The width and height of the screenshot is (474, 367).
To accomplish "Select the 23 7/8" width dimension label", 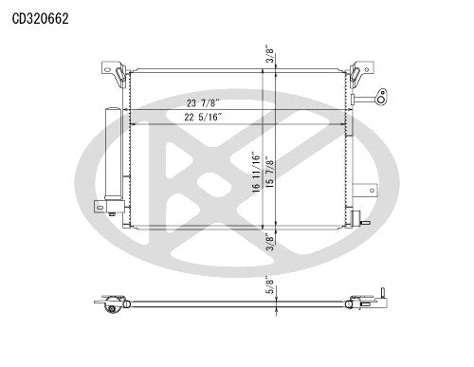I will tap(204, 104).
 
